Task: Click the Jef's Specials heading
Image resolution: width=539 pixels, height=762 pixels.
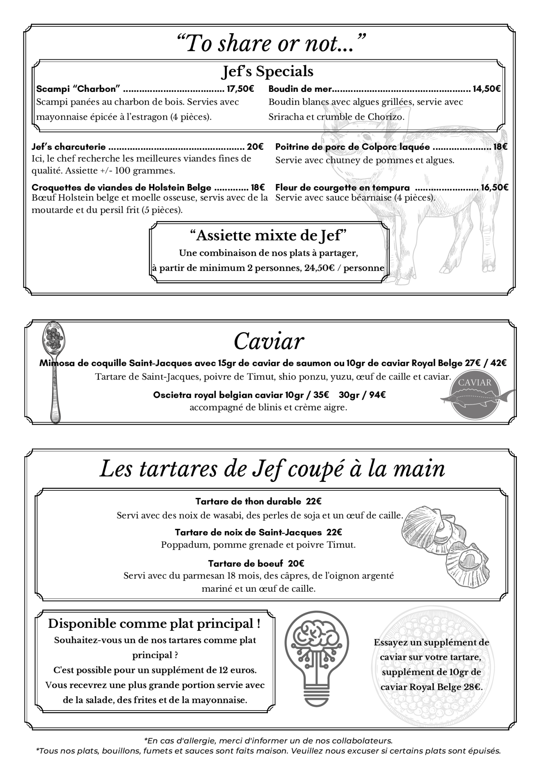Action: (x=268, y=71)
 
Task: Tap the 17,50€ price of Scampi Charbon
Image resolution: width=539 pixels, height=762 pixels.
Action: (x=240, y=89)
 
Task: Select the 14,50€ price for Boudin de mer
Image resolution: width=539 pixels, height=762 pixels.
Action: (x=486, y=89)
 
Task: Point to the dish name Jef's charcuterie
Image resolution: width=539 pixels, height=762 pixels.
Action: (x=69, y=147)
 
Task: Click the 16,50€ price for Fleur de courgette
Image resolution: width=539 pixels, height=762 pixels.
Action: (x=494, y=187)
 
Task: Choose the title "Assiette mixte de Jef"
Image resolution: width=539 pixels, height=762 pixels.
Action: (x=269, y=236)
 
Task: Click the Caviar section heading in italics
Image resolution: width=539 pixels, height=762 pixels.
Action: (x=269, y=341)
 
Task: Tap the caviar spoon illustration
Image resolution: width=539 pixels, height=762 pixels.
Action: (x=56, y=371)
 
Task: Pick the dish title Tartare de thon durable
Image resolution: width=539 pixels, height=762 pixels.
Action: (x=248, y=501)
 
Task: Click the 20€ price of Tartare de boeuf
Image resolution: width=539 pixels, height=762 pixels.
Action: (x=296, y=563)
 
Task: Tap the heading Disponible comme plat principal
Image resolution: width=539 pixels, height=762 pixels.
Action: (x=154, y=624)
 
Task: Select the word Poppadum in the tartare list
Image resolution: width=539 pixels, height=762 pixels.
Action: (x=185, y=545)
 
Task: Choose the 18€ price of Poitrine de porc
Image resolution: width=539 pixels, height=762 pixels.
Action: (x=500, y=147)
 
